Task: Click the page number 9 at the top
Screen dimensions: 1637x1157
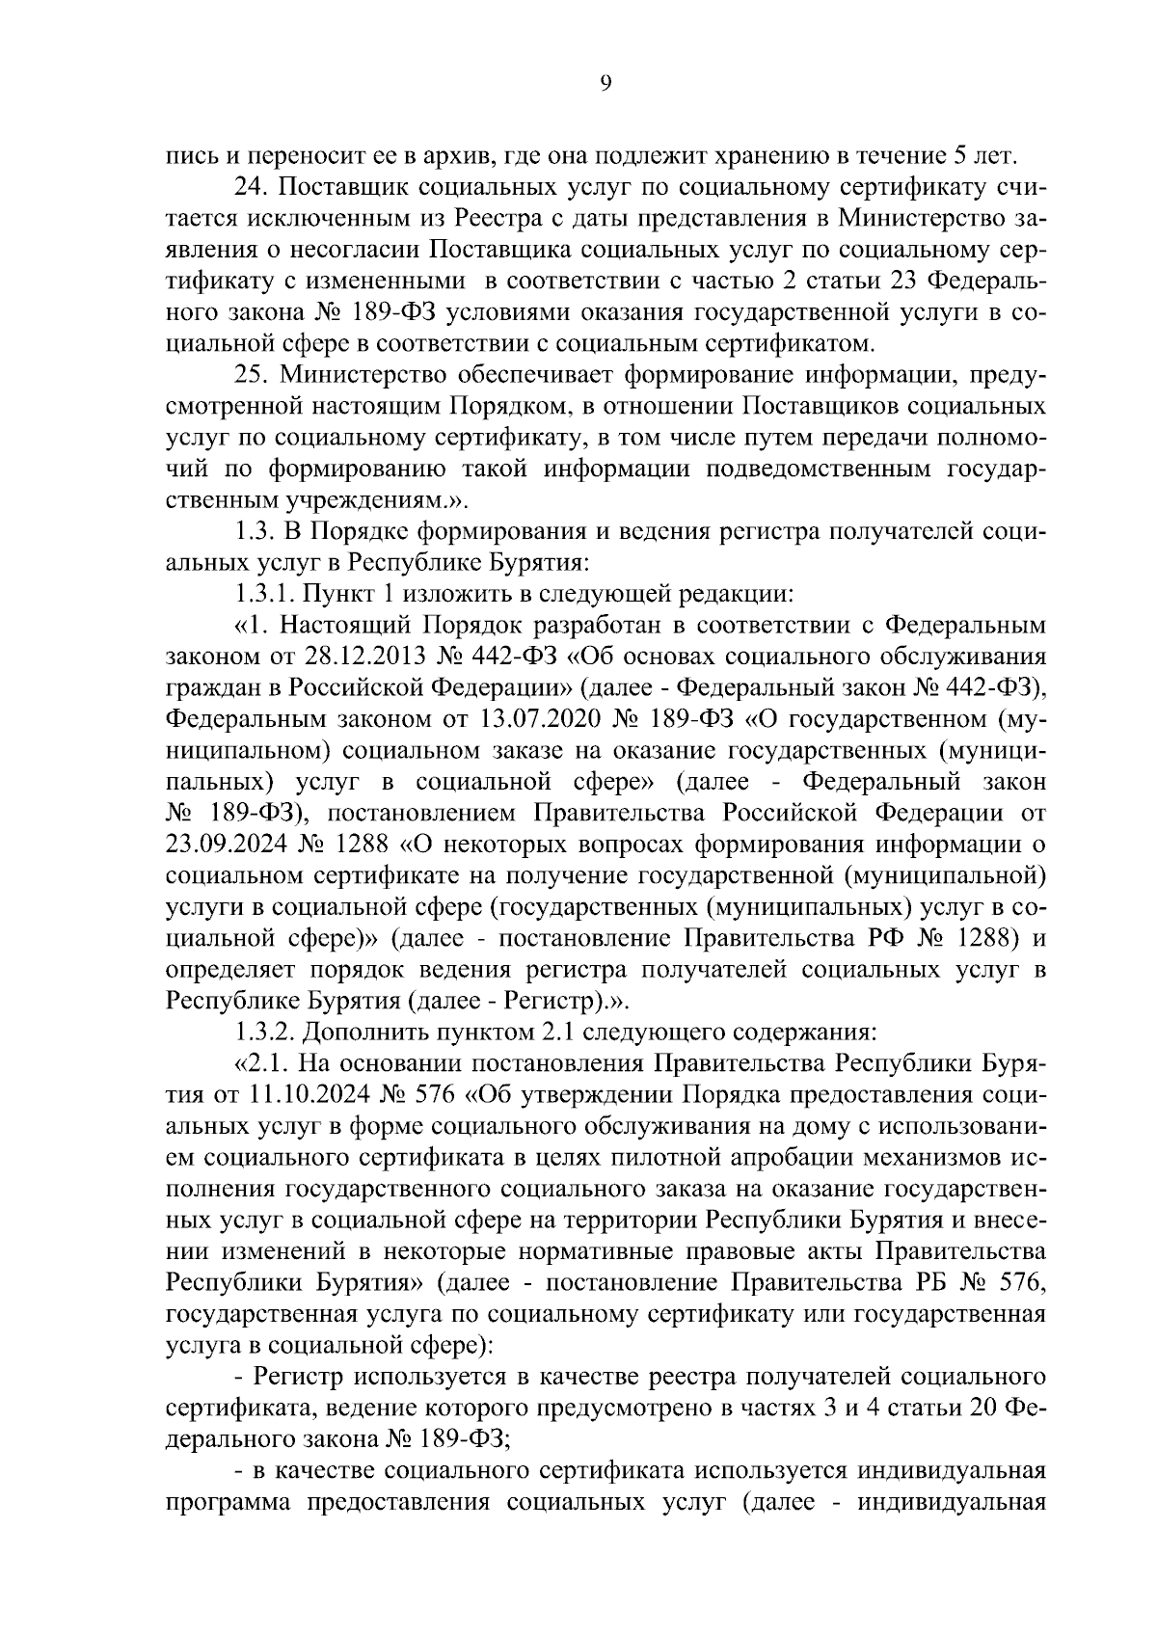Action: click(x=605, y=84)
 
